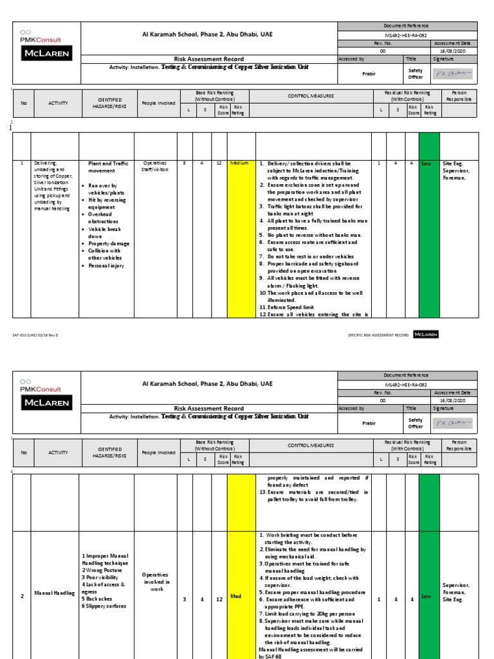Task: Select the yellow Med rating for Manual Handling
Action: [x=235, y=597]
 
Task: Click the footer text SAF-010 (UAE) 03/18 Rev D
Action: [x=36, y=335]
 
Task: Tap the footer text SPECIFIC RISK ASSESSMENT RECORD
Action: [x=378, y=335]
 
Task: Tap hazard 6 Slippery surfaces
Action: [x=104, y=606]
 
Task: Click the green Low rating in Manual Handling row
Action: [x=426, y=597]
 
